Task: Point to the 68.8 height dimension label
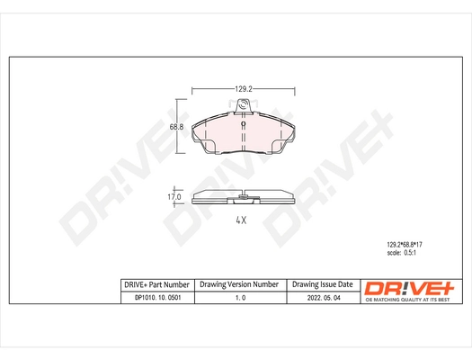(x=176, y=128)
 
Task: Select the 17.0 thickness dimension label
(x=175, y=196)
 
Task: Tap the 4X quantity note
(x=242, y=220)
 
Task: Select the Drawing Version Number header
(x=239, y=285)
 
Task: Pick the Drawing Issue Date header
(x=324, y=285)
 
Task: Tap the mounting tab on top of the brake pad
(x=247, y=107)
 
